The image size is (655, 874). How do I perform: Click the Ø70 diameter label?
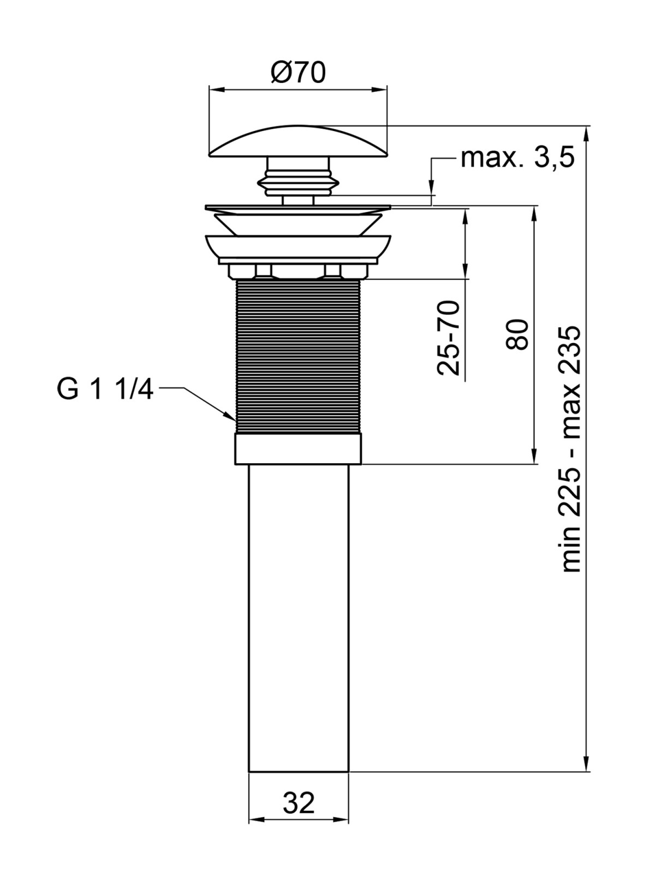pyautogui.click(x=298, y=73)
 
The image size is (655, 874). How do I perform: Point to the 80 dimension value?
pyautogui.click(x=518, y=334)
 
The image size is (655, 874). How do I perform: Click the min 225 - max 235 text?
pyautogui.click(x=571, y=450)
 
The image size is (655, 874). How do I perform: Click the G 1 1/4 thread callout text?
pyautogui.click(x=105, y=388)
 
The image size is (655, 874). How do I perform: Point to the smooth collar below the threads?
pyautogui.click(x=298, y=449)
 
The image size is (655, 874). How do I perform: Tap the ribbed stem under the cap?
pyautogui.click(x=298, y=181)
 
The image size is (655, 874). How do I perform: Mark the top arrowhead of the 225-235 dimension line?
pyautogui.click(x=586, y=133)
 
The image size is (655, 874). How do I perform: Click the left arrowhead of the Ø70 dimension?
pyautogui.click(x=216, y=90)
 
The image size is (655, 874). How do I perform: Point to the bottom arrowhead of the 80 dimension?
pyautogui.click(x=535, y=456)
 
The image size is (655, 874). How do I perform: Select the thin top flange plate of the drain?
pyautogui.click(x=298, y=208)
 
